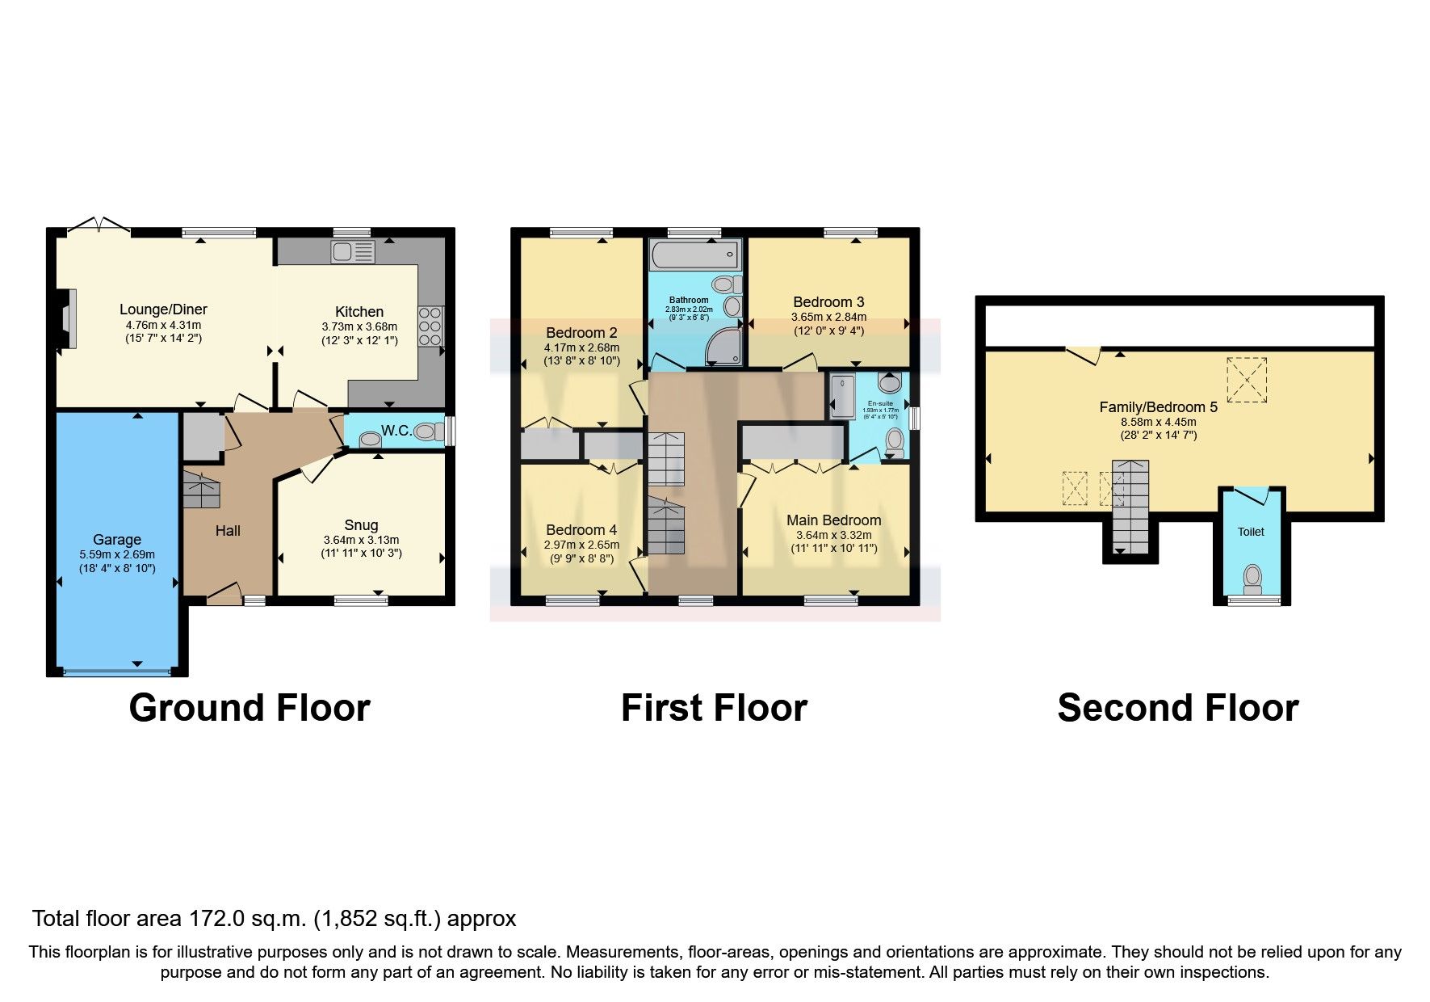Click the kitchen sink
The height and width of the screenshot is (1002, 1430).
tap(353, 252)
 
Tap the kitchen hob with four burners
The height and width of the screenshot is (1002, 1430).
tap(430, 326)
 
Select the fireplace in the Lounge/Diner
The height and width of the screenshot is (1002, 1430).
tap(66, 319)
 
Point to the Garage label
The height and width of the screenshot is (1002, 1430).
tap(117, 540)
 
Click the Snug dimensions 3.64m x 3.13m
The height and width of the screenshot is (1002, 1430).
tap(361, 540)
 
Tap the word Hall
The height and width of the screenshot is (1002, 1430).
tap(228, 531)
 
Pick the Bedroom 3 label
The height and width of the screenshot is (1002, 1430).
tap(828, 302)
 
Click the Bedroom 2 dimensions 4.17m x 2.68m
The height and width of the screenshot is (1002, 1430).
tap(581, 347)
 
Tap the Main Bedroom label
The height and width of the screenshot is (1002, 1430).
tap(833, 520)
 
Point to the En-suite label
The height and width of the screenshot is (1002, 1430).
tap(880, 402)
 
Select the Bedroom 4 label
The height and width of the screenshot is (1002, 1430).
tap(581, 530)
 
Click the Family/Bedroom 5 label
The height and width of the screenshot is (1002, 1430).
tap(1158, 407)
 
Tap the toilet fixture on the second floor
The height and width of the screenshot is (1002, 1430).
tap(1252, 578)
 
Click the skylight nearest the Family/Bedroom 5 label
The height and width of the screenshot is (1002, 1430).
tap(1247, 379)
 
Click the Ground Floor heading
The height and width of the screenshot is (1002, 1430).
tap(250, 708)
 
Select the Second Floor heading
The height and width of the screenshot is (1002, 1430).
tap(1177, 708)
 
